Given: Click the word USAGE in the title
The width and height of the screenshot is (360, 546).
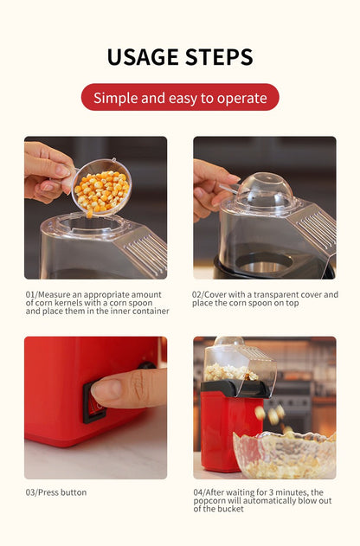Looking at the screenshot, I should point(142,57).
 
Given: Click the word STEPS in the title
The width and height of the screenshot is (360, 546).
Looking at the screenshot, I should point(218,57).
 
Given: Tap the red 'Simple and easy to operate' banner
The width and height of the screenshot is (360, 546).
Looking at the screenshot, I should point(180,97).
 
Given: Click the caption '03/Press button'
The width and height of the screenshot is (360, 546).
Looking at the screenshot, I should point(56,492).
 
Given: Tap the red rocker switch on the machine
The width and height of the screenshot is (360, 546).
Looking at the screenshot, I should point(92,404).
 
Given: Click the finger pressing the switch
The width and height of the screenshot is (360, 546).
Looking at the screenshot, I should point(127,389).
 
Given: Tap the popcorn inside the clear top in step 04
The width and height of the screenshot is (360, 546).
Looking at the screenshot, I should point(232,372).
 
